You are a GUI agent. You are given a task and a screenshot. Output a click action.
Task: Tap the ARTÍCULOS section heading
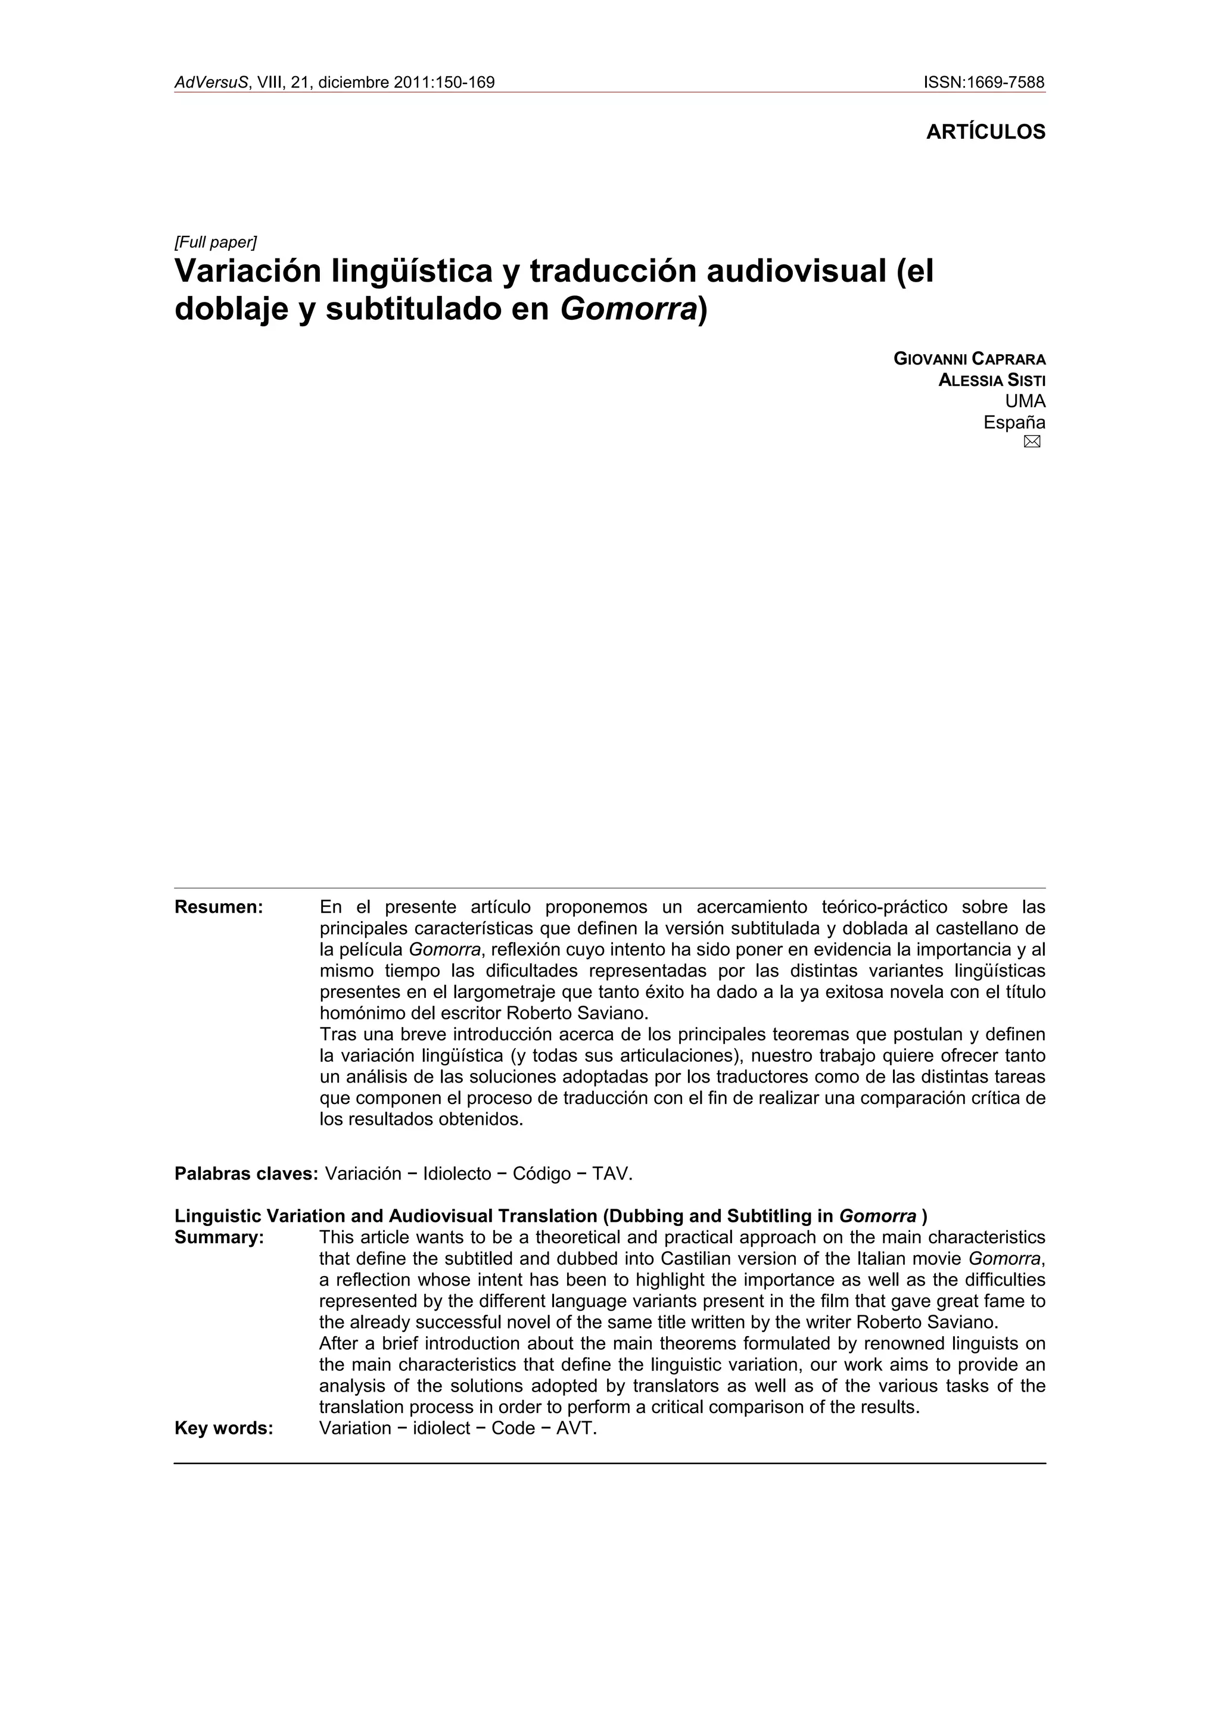pos(985,132)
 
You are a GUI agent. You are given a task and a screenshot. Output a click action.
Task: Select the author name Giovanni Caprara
pos(969,359)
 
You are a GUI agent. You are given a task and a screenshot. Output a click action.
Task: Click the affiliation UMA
pos(1025,401)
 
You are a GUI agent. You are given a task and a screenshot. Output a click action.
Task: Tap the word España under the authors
pos(1014,422)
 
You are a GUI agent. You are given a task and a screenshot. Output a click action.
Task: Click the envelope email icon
pos(1031,442)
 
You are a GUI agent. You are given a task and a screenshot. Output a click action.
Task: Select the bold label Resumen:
pos(219,907)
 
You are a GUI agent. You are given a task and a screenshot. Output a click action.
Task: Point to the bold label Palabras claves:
pos(247,1174)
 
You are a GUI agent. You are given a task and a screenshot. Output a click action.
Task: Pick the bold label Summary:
pos(219,1237)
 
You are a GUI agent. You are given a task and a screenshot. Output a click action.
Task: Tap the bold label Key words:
pos(223,1428)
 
